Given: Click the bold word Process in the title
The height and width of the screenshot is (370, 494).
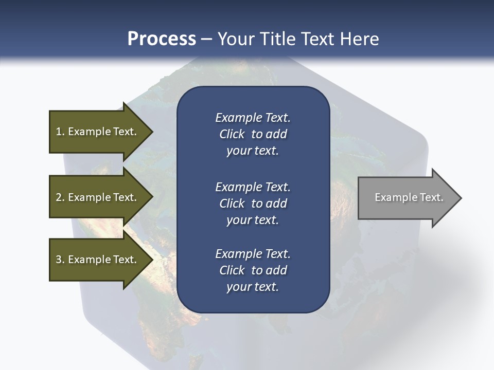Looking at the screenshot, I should [162, 39].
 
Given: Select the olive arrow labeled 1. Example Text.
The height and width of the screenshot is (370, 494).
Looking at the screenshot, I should [96, 132].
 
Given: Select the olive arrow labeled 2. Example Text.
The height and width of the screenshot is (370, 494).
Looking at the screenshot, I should [96, 197].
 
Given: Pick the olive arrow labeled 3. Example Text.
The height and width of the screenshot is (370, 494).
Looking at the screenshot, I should [96, 260].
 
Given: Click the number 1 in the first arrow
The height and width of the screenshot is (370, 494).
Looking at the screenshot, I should [59, 132].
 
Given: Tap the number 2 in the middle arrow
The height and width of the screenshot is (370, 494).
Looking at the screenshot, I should [59, 197].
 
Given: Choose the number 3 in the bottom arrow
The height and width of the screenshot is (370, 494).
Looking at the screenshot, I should [59, 260].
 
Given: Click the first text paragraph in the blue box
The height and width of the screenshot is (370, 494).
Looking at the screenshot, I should [253, 134].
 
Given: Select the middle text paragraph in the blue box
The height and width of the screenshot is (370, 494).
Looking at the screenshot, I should [253, 203].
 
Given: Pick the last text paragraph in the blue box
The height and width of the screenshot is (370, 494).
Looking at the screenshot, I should [253, 270].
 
